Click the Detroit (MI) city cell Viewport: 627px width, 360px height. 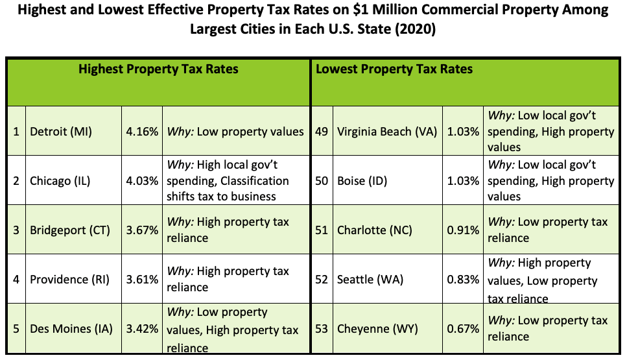pos(61,132)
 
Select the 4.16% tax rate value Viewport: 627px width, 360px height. pos(142,132)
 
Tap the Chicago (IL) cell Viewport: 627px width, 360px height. pos(62,181)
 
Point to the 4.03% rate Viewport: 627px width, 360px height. pos(142,181)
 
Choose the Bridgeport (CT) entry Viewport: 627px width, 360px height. pos(70,230)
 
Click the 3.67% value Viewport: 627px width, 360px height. pos(142,230)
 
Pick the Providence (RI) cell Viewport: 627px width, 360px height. pos(70,280)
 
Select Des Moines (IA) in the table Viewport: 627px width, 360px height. pos(71,329)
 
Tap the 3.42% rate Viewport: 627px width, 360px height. pos(142,329)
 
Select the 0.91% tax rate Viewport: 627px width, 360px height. pos(464,230)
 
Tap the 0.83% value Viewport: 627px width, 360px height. pos(464,280)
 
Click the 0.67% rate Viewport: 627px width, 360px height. pos(464,329)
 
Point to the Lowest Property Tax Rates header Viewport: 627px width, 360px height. pos(394,69)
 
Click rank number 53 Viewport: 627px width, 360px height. pos(322,329)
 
